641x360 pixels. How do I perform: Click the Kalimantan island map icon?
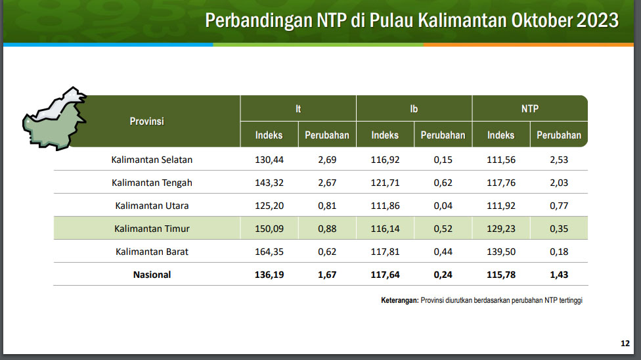pyautogui.click(x=55, y=119)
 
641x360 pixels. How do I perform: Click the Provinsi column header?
pyautogui.click(x=146, y=121)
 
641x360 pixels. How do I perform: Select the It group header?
pyautogui.click(x=298, y=109)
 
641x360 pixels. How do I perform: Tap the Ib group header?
pyautogui.click(x=414, y=109)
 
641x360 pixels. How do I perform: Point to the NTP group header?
pyautogui.click(x=530, y=109)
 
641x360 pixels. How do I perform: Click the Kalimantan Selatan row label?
pyautogui.click(x=152, y=160)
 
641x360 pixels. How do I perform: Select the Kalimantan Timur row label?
pyautogui.click(x=152, y=229)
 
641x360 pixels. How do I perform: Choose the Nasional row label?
pyautogui.click(x=152, y=275)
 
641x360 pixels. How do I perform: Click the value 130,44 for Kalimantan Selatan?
pyautogui.click(x=269, y=160)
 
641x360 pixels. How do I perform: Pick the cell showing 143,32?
pyautogui.click(x=269, y=183)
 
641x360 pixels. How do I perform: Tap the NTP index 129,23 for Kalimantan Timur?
pyautogui.click(x=500, y=229)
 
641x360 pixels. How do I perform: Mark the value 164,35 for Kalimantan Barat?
pyautogui.click(x=269, y=252)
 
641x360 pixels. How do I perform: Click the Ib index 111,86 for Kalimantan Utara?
pyautogui.click(x=385, y=206)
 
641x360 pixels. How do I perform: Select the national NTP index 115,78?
pyautogui.click(x=500, y=275)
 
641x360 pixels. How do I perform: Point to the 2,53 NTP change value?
pyautogui.click(x=559, y=160)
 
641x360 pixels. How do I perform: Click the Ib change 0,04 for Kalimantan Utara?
pyautogui.click(x=443, y=206)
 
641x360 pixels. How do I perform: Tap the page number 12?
pyautogui.click(x=625, y=343)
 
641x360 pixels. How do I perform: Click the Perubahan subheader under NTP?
pyautogui.click(x=559, y=135)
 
